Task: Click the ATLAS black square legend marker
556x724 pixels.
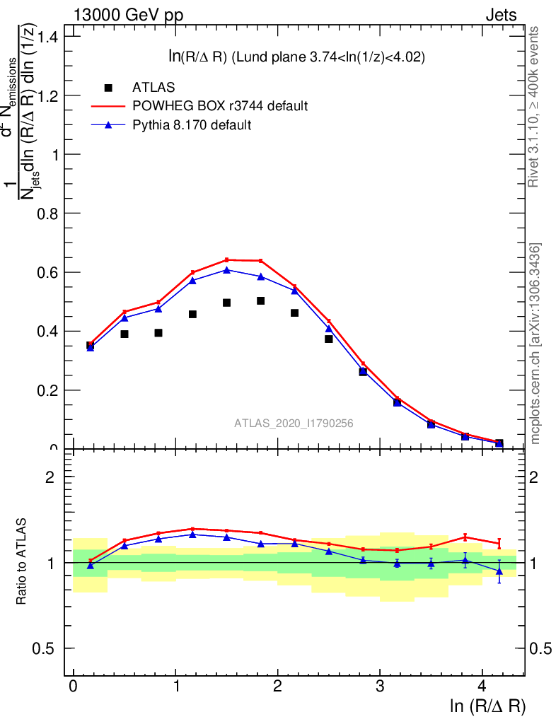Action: (108, 88)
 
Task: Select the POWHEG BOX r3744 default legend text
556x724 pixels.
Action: (220, 106)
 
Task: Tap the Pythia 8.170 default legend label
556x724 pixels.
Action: (192, 125)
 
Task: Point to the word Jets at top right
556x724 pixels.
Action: (501, 15)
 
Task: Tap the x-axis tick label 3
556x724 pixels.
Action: (380, 687)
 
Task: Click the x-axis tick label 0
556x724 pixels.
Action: (74, 687)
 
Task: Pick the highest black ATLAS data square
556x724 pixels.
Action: (261, 300)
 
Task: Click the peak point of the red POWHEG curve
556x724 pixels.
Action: (227, 259)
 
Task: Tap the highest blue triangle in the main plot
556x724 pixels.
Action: (227, 269)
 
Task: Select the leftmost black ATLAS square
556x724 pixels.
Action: (91, 346)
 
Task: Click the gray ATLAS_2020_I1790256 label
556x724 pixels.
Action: (294, 423)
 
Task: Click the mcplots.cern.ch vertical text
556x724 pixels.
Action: (535, 344)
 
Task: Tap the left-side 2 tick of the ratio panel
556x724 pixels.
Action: (50, 477)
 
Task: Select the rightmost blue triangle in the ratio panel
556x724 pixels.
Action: (499, 571)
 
